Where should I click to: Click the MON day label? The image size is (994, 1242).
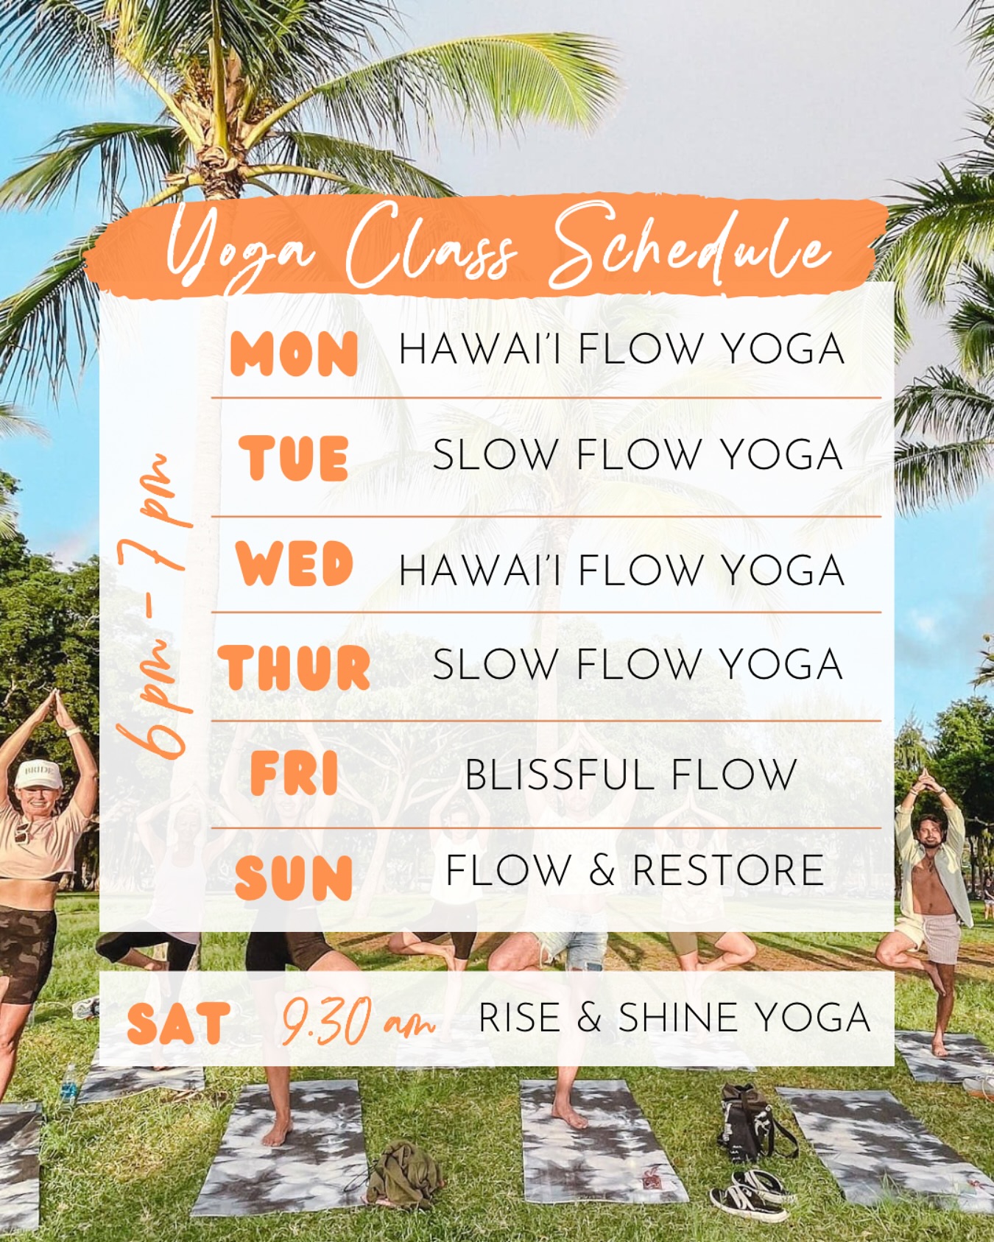(x=294, y=353)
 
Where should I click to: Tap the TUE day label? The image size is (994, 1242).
(x=293, y=458)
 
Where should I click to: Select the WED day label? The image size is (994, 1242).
(x=294, y=564)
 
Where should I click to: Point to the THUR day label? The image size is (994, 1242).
(x=294, y=667)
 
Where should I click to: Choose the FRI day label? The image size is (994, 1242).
(x=294, y=773)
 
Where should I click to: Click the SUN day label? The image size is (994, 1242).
(x=294, y=878)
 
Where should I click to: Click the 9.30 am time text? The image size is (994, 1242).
(x=358, y=1021)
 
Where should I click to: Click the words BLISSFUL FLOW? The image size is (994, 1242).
(x=630, y=775)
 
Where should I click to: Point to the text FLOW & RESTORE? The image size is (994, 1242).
(x=635, y=870)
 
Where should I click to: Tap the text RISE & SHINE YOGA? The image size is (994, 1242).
(x=674, y=1017)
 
